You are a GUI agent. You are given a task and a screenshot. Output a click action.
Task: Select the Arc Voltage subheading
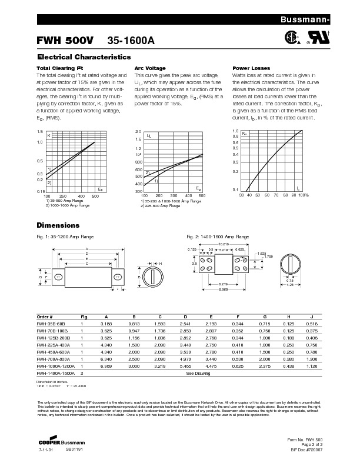coord(150,68)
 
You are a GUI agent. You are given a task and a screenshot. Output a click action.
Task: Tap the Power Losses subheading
coord(251,68)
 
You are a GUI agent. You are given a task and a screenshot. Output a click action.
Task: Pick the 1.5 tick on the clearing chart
coord(40,131)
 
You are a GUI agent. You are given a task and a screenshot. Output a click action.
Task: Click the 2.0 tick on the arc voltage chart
coord(138,131)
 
